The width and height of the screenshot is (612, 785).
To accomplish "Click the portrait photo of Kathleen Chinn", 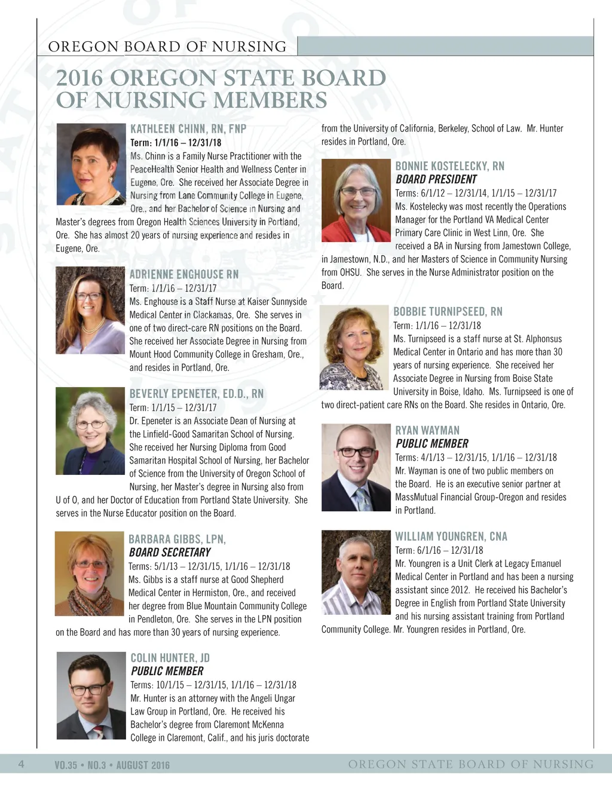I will [91, 164].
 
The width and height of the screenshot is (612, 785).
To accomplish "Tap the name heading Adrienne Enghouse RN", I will [184, 274].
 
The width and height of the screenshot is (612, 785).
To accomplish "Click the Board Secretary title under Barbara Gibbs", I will [170, 552].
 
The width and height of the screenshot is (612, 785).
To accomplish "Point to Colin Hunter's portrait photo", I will [91, 695].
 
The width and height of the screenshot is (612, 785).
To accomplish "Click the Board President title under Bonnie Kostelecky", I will [436, 179].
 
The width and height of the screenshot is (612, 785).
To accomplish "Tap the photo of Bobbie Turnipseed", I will [354, 348].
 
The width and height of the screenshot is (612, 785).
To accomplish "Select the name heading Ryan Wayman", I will [427, 430].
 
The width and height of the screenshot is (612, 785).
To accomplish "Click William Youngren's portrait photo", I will [356, 573].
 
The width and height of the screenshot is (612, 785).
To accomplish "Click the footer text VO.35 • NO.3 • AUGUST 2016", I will [112, 765].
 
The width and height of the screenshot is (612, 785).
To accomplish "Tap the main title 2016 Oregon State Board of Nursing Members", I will [221, 89].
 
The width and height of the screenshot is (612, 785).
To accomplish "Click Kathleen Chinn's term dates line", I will [176, 143].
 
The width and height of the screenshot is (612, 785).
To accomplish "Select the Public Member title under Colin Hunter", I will [167, 671].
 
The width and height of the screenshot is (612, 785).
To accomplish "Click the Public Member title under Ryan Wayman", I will [432, 443].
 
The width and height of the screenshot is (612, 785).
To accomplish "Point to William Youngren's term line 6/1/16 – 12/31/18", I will [439, 550].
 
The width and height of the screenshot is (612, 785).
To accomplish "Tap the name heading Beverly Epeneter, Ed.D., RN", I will [196, 394].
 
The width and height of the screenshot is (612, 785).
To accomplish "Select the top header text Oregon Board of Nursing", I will [167, 47].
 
